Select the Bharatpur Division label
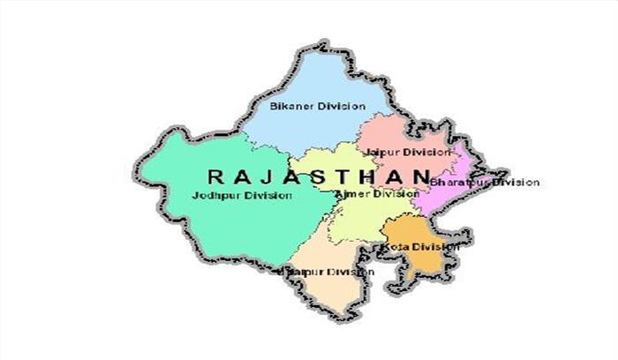pos(484,183)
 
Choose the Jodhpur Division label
pos(241,195)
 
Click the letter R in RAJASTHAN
pos(215,176)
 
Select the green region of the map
pos(212,221)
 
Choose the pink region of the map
pos(397,137)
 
